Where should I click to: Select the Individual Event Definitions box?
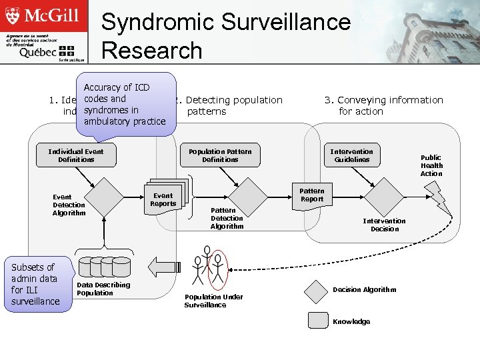(x=76, y=155)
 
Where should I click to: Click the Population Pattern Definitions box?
(x=220, y=155)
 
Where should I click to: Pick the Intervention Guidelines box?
(x=352, y=155)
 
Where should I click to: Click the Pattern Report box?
(x=311, y=195)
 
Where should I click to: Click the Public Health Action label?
(x=431, y=165)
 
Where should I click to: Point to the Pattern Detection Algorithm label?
(x=227, y=218)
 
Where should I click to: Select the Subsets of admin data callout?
(x=35, y=284)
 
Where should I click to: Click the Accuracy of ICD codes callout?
(x=125, y=105)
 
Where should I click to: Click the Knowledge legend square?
(x=317, y=321)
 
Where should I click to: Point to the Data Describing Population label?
(x=103, y=289)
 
